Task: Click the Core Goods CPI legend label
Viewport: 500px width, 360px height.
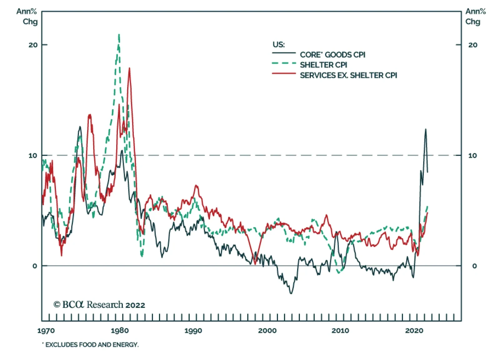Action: coord(332,55)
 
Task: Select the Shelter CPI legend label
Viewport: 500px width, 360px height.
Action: coord(323,65)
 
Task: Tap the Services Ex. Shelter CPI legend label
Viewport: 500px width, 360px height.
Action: coord(348,75)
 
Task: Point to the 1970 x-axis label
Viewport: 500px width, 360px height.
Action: coord(46,331)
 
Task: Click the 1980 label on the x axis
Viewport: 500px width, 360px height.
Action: coord(120,331)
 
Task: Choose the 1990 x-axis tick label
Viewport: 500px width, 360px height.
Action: coord(193,331)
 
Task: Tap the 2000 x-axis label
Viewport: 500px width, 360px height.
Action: coord(267,331)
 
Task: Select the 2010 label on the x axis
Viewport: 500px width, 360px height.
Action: coord(340,331)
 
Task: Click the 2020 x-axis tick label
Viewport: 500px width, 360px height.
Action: coord(414,331)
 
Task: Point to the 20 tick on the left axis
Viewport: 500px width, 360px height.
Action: coord(33,45)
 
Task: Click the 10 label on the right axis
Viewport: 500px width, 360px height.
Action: coord(472,155)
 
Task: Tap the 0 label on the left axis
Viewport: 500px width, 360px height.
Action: coord(35,266)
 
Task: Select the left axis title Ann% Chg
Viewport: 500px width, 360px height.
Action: coord(27,17)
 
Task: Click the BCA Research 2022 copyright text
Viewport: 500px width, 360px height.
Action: coord(99,305)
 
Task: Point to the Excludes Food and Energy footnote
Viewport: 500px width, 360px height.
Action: coord(91,345)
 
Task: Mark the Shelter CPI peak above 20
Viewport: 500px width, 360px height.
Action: coord(119,34)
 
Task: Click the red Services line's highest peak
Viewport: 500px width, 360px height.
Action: coord(129,68)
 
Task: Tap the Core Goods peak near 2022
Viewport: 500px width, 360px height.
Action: coord(425,129)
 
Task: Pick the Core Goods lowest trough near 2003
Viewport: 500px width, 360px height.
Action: coord(291,293)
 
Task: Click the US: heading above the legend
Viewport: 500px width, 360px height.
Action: coord(278,45)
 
